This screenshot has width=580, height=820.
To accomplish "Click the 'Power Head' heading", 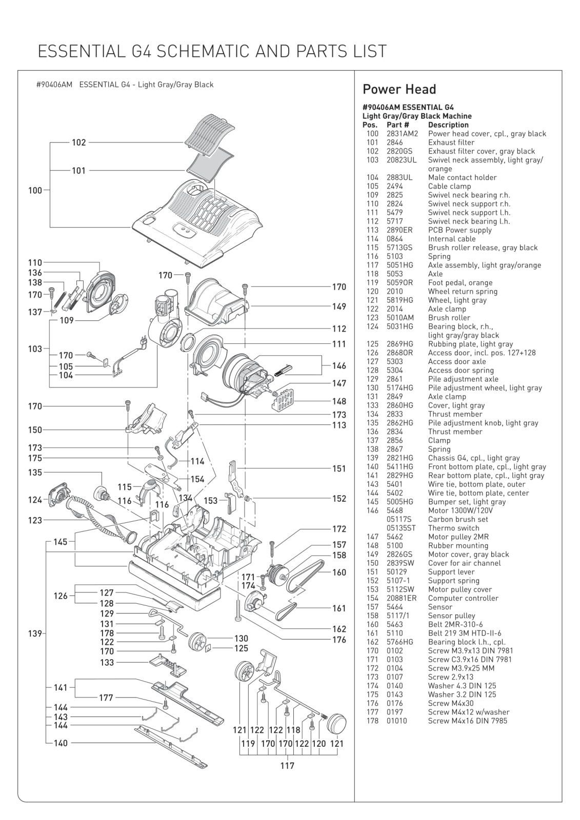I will point(399,89).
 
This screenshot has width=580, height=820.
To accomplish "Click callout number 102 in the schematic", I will point(78,142).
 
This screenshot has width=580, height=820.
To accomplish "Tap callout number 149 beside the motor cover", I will point(339,306).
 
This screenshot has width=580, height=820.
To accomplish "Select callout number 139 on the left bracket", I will point(35,634).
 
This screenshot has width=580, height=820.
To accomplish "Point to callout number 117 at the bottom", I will point(287,766).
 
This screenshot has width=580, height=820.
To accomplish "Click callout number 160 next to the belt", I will point(339,572).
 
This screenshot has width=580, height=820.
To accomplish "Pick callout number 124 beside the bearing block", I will point(35,500).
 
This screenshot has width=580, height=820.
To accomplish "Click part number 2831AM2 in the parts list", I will point(402,134).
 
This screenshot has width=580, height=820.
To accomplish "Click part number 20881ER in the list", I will point(401,598).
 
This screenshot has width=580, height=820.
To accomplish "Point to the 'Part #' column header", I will point(397,125).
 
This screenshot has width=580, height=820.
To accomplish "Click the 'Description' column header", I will point(448,125).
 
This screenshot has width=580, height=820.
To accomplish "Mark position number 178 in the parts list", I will point(372,721).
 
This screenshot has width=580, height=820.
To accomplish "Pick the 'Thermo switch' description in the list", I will point(453,528).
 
